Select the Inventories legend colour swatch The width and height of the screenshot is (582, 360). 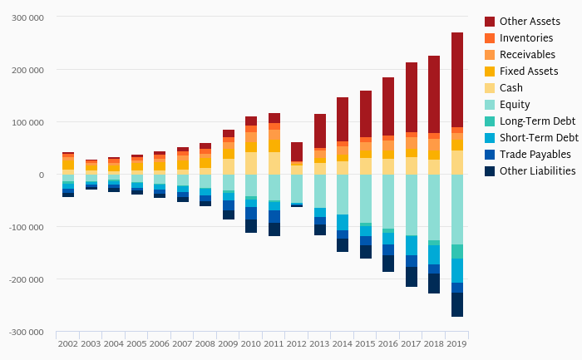(490, 37)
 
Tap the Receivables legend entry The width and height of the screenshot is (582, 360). (527, 54)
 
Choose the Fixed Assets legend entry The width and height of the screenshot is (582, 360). (528, 71)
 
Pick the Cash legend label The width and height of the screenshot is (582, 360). (512, 87)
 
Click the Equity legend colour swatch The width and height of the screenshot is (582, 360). (490, 104)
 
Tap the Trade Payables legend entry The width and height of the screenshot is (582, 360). (535, 154)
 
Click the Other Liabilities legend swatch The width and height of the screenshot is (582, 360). (490, 170)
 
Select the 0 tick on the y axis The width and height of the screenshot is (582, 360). (41, 175)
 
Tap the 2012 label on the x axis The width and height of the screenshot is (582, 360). (297, 343)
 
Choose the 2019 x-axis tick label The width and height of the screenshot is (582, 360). (457, 343)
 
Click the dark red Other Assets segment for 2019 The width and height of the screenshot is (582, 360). (457, 79)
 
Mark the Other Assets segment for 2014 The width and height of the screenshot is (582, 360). (343, 119)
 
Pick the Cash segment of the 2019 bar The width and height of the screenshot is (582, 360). (457, 162)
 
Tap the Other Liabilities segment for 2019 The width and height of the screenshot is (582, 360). (457, 304)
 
